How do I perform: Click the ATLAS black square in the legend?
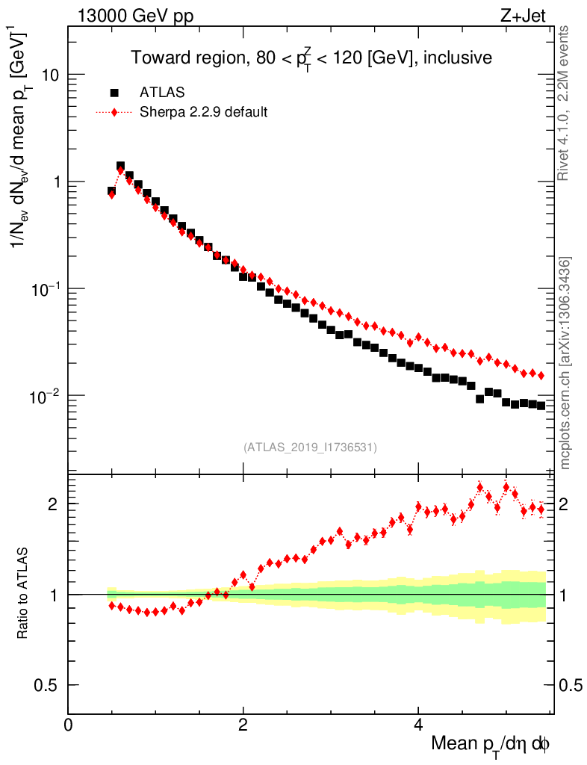114,93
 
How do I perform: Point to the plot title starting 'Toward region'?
311,58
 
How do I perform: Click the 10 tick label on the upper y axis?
49,75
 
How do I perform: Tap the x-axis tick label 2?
243,725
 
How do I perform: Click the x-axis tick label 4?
418,725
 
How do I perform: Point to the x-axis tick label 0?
68,725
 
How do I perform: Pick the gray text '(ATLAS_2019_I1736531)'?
310,447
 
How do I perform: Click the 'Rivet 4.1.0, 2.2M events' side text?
565,102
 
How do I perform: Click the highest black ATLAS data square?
120,166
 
